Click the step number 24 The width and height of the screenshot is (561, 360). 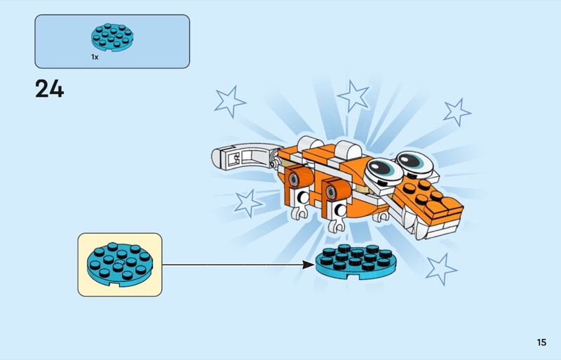point(49,90)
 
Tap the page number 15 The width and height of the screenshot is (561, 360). point(541,342)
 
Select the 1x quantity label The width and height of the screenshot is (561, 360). point(95,57)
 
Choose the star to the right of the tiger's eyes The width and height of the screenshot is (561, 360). point(457,112)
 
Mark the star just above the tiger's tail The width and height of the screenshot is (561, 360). point(229,101)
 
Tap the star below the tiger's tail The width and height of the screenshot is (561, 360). point(248,203)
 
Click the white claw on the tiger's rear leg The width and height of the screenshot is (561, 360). point(300,210)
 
